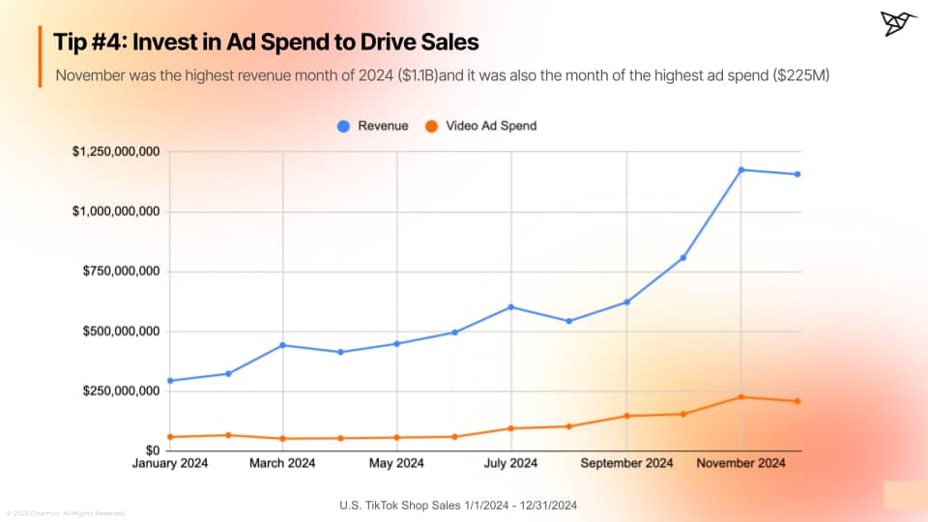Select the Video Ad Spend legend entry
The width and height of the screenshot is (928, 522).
pyautogui.click(x=481, y=126)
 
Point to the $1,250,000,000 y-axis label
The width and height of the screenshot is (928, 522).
pyautogui.click(x=116, y=152)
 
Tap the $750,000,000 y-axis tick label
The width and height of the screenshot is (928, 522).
pyautogui.click(x=120, y=272)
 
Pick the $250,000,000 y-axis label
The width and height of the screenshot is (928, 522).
pyautogui.click(x=120, y=391)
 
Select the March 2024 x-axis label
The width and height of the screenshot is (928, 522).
pyautogui.click(x=282, y=464)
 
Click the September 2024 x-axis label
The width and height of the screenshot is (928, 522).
pyautogui.click(x=626, y=464)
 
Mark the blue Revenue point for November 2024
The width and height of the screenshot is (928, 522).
pyautogui.click(x=741, y=170)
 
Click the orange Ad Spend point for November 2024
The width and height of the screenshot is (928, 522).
pyautogui.click(x=741, y=397)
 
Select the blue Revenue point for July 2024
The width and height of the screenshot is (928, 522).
pyautogui.click(x=511, y=307)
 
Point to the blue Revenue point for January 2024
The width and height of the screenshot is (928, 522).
pyautogui.click(x=170, y=381)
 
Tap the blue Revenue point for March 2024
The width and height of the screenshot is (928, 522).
pyautogui.click(x=282, y=345)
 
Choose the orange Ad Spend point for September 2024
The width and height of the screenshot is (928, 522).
pyautogui.click(x=626, y=416)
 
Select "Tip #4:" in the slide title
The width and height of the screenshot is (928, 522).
pyautogui.click(x=90, y=43)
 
